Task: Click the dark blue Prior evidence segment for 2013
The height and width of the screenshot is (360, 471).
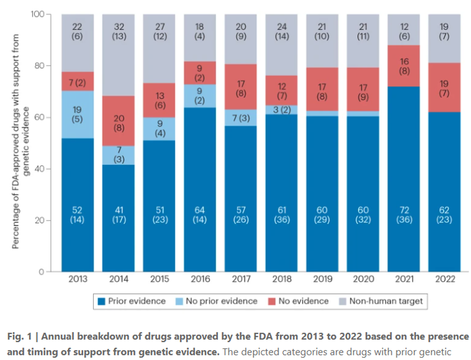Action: click(x=78, y=203)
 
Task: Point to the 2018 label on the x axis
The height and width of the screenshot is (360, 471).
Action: click(x=281, y=279)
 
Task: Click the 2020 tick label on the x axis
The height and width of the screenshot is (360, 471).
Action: click(x=363, y=279)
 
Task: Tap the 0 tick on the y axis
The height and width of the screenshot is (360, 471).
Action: click(x=43, y=272)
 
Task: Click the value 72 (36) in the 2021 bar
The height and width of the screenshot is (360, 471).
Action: click(x=403, y=215)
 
